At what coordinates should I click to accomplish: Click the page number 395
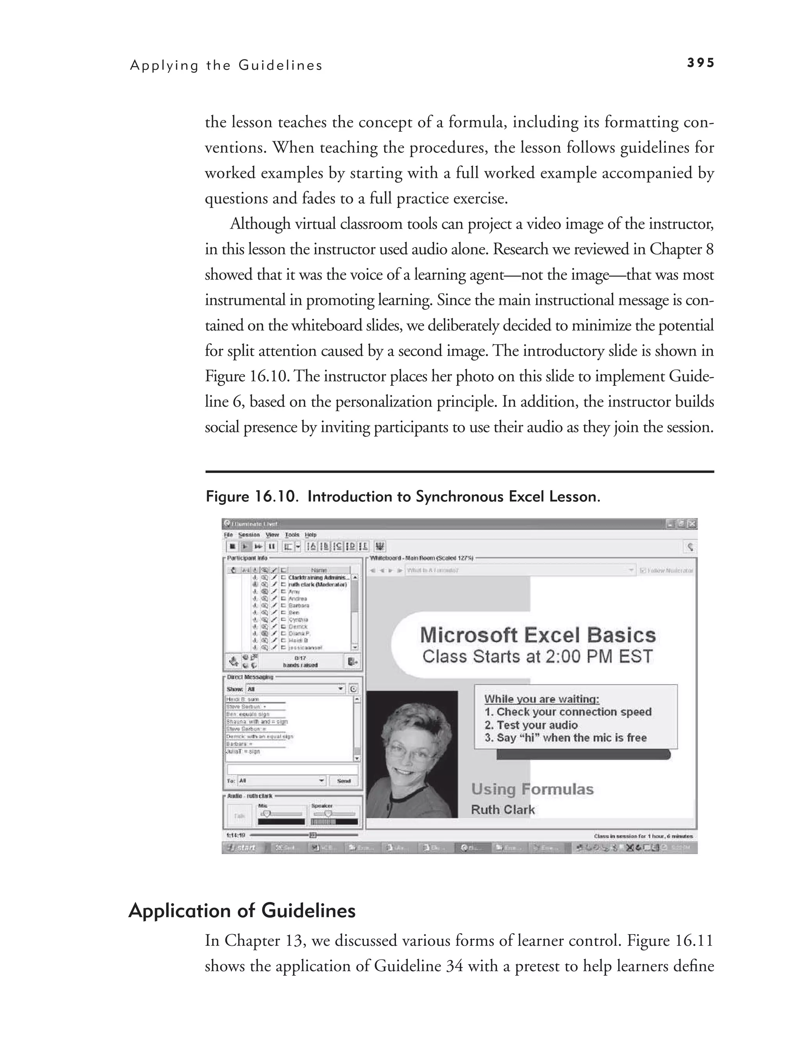[700, 63]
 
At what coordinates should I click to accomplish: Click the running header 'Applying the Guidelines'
[226, 66]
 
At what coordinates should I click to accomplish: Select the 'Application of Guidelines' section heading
[242, 910]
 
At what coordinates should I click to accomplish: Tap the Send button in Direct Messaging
[344, 780]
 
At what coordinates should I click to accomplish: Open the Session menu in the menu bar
[249, 535]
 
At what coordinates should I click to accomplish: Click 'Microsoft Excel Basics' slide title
[537, 635]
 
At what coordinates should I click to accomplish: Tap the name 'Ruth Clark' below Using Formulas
[503, 810]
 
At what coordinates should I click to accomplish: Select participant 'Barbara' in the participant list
[299, 606]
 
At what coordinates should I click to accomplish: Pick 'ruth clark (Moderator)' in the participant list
[317, 585]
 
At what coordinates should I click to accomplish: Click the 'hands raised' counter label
[300, 665]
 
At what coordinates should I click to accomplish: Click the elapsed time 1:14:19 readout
[236, 836]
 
